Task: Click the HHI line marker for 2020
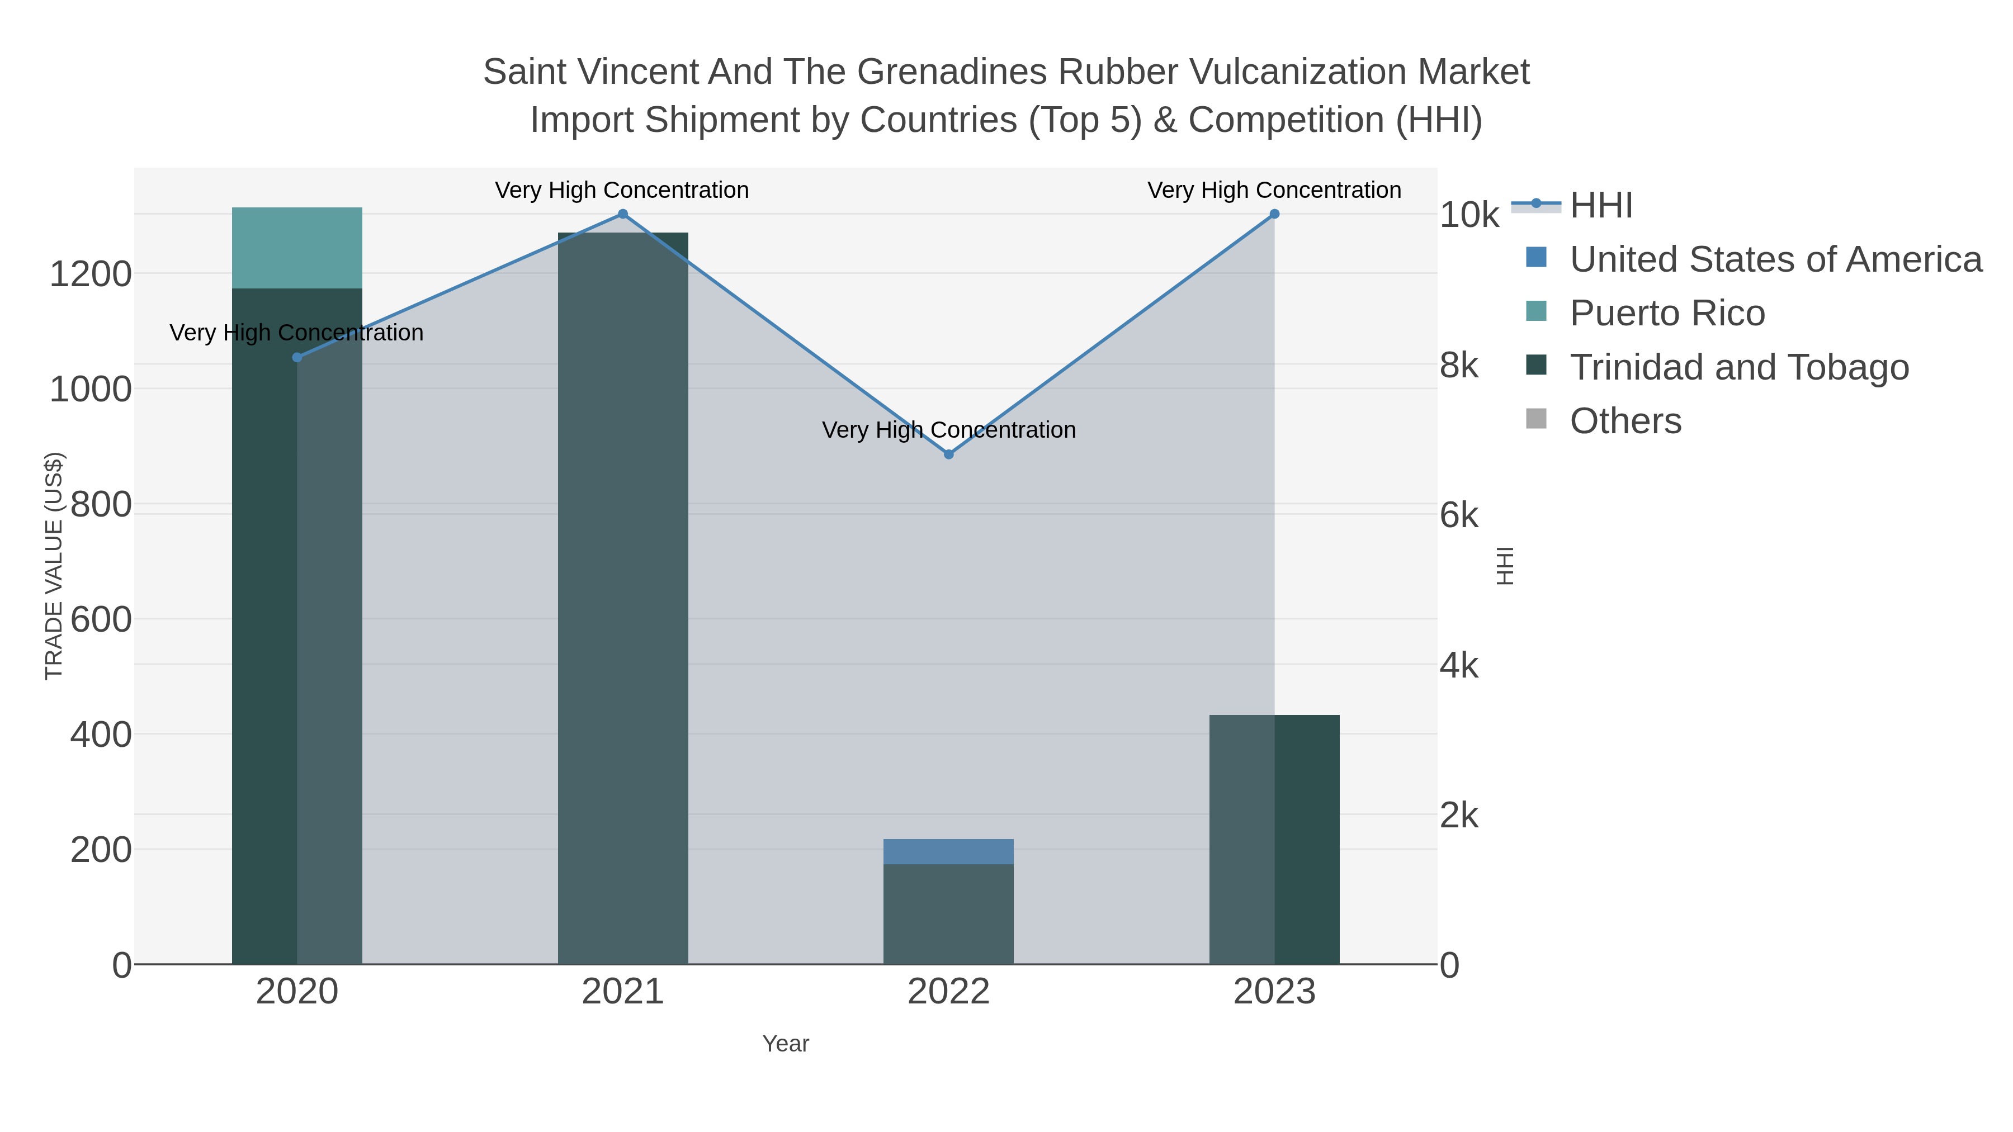[297, 358]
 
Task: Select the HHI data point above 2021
[623, 214]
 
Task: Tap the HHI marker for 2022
[949, 454]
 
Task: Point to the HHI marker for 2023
[1274, 214]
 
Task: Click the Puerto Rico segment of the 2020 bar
[297, 248]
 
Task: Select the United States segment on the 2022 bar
[949, 851]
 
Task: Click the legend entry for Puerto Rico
[1667, 313]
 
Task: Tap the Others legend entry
[1625, 421]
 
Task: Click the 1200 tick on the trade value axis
[91, 275]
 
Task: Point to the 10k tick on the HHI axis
[1469, 216]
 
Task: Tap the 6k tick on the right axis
[1459, 515]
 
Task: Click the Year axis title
[786, 1044]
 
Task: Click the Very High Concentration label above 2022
[949, 430]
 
